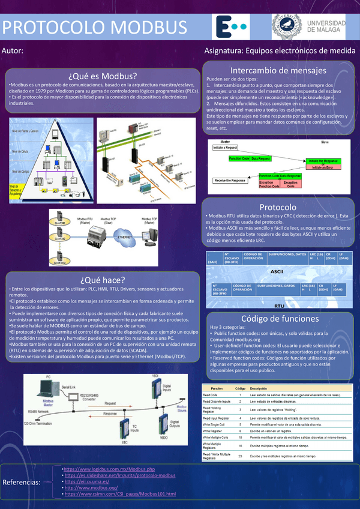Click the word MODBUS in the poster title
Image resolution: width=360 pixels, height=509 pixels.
coord(142,28)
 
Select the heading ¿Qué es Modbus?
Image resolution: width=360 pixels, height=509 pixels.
coord(103,76)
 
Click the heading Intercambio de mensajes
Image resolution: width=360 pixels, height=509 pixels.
coord(278,70)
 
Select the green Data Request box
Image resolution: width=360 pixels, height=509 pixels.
coord(260,158)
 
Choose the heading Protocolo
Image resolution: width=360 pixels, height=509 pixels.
coord(278,206)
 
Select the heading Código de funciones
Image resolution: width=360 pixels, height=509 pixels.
coord(278,318)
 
